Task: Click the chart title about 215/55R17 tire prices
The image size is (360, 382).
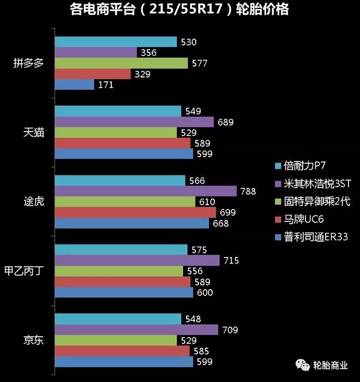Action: pos(179,9)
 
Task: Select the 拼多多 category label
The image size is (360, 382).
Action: pos(29,63)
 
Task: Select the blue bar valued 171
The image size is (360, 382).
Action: pos(75,85)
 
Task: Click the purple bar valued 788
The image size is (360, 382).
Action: pos(146,191)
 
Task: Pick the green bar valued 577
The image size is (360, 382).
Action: pos(122,63)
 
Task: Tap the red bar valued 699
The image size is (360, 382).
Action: pos(136,212)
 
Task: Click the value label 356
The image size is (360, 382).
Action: pos(148,53)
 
